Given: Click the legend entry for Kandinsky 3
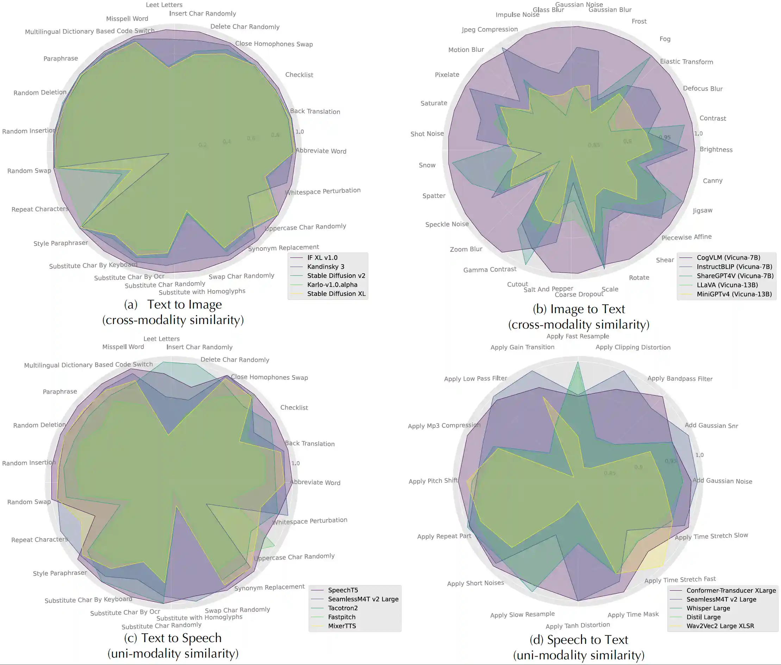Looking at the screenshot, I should [326, 267].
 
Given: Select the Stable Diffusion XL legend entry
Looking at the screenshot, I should [336, 294].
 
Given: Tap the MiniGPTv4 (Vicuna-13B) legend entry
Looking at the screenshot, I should [734, 294].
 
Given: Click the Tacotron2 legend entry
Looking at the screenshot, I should [343, 608].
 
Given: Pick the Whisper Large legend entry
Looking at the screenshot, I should [708, 608].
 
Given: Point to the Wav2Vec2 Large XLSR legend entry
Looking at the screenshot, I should [720, 626].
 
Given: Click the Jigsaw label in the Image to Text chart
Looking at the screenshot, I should [702, 210].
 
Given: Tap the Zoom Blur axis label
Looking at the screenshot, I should [466, 249].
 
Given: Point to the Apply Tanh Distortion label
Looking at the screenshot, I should [577, 626].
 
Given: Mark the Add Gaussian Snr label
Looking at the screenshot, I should [711, 425].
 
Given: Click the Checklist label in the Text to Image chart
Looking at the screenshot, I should [299, 75].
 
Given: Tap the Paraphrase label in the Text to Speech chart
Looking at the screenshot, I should [60, 392].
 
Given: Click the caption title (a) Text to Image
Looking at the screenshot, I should [173, 305].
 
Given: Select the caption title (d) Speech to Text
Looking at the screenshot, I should [579, 640].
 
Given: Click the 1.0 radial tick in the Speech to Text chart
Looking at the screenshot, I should [699, 455].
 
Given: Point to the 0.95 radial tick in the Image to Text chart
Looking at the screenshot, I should [664, 138].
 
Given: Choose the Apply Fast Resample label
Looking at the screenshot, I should [577, 336].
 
